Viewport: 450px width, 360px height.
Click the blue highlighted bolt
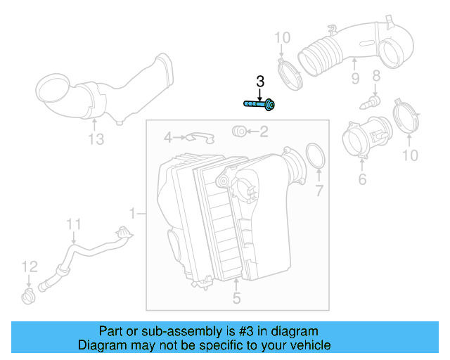point(259,105)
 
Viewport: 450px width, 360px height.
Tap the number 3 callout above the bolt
point(259,82)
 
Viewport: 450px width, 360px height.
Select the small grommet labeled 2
point(238,131)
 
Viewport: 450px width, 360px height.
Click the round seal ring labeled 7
point(316,157)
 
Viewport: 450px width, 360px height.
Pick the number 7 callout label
point(319,191)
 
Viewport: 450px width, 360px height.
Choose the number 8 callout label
point(375,75)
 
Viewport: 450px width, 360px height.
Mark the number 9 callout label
point(354,77)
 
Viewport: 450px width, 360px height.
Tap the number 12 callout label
point(28,266)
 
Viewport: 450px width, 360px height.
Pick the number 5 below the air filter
point(236,299)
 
